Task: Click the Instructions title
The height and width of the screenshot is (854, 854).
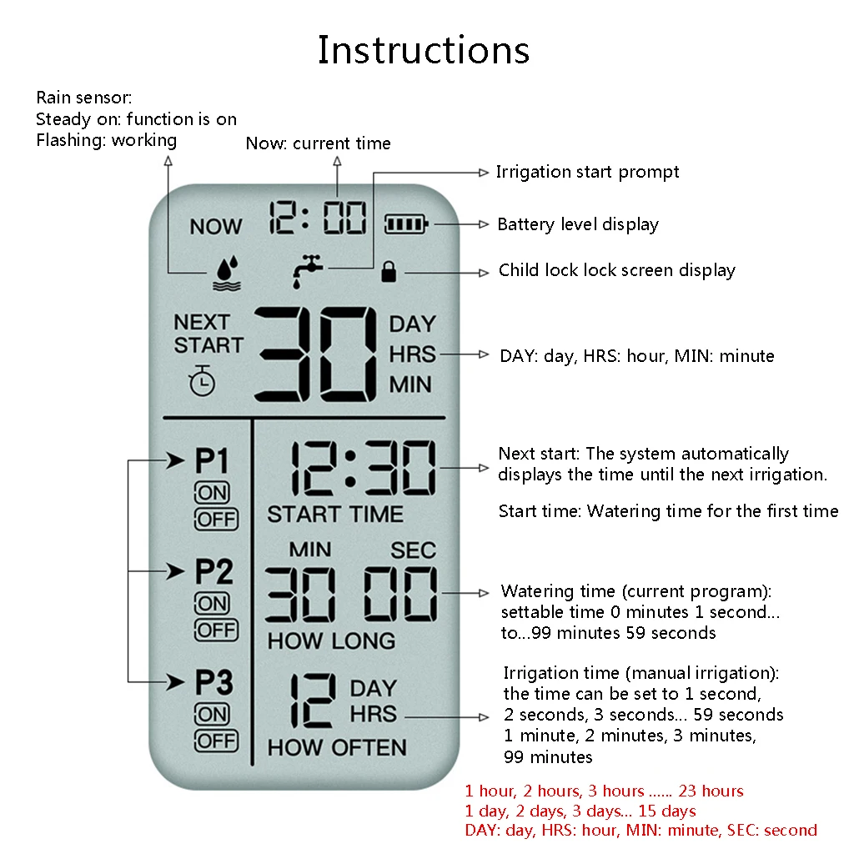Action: (x=423, y=50)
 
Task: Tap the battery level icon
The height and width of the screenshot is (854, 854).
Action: (x=405, y=224)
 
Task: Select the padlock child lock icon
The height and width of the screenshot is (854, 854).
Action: (x=388, y=271)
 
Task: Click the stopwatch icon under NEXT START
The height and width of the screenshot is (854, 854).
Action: (x=202, y=380)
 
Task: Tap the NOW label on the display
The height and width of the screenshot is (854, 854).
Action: (x=215, y=226)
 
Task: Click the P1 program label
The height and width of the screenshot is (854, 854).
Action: (x=212, y=460)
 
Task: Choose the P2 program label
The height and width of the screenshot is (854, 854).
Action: (x=213, y=572)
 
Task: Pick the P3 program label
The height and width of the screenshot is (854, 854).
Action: (x=213, y=683)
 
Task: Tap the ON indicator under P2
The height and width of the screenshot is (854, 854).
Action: (x=212, y=603)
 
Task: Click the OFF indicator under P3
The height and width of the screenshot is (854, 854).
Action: (x=215, y=741)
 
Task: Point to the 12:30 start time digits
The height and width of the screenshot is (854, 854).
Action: (x=363, y=469)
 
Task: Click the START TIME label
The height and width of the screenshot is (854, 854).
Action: (x=334, y=515)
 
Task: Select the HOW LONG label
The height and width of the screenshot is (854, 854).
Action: (x=331, y=641)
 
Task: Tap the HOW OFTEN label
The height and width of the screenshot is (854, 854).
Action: (x=337, y=747)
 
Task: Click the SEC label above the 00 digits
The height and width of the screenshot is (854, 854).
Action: (x=413, y=550)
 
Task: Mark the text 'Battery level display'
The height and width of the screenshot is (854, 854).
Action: (x=578, y=224)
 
